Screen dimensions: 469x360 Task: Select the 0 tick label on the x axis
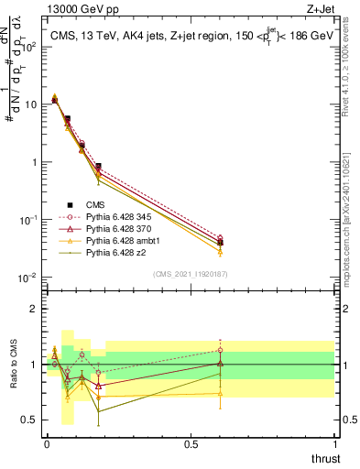click(46, 444)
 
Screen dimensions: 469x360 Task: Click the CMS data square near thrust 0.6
click(220, 243)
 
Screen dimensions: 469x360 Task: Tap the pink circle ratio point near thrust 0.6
click(220, 350)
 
